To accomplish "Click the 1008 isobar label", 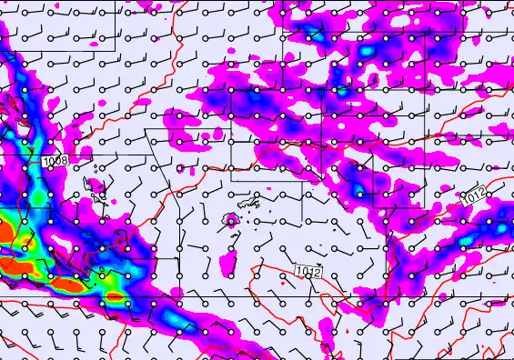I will [55, 161].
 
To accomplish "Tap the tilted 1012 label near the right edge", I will [473, 195].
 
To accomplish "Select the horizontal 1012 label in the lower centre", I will [308, 270].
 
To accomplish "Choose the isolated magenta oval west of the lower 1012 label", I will [230, 264].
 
